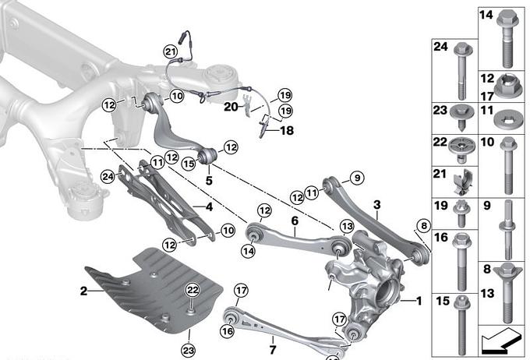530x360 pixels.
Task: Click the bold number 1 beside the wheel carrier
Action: [x=419, y=301]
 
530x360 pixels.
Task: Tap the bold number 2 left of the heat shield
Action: [x=83, y=290]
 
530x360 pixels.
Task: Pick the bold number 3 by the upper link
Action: [x=376, y=205]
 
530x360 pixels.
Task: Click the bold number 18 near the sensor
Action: [x=287, y=131]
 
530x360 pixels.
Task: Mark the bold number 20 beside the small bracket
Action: [x=230, y=106]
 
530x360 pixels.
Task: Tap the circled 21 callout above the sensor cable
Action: [x=171, y=51]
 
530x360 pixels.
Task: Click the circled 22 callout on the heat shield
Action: [x=192, y=291]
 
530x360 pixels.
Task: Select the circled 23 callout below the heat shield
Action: [x=188, y=350]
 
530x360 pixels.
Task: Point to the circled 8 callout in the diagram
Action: [x=423, y=227]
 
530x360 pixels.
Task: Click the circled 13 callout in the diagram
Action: [x=346, y=226]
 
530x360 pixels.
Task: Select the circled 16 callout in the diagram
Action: [x=226, y=330]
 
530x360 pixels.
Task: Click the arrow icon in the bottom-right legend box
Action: [x=500, y=341]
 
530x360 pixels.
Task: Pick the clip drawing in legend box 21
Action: [x=461, y=185]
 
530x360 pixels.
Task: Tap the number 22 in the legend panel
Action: [x=441, y=144]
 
